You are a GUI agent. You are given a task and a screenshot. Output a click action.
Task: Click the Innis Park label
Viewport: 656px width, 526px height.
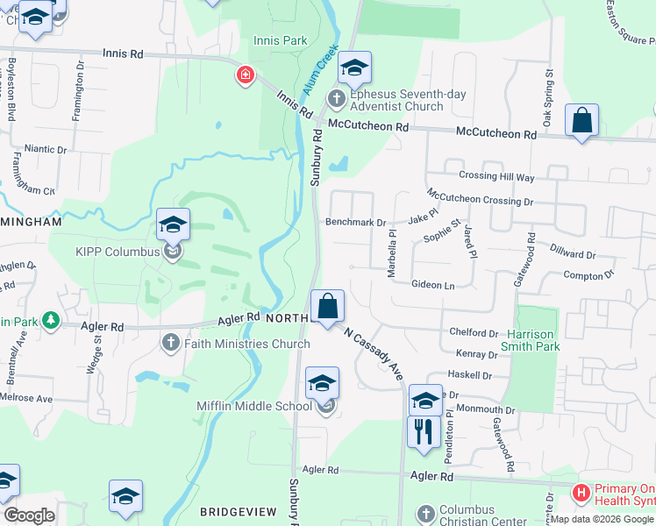tap(280, 40)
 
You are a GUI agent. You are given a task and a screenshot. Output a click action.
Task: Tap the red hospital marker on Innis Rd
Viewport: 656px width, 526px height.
tap(245, 76)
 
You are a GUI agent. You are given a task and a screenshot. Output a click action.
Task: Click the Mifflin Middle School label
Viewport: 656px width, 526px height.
tap(253, 406)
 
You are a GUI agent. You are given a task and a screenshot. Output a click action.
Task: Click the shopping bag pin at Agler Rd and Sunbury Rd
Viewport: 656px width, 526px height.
tap(328, 308)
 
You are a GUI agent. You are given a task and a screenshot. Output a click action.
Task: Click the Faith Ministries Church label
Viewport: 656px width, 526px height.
tap(246, 344)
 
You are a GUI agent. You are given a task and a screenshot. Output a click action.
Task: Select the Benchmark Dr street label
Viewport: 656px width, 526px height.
tap(355, 223)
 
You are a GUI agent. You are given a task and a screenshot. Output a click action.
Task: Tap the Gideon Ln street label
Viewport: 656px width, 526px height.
tap(433, 286)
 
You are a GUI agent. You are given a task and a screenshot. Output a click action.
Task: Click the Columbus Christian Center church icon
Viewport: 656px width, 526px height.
tap(425, 513)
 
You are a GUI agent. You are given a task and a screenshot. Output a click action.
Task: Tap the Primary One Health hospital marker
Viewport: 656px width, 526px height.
tap(580, 494)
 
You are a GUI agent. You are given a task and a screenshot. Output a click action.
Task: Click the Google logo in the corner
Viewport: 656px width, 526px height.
tap(29, 515)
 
